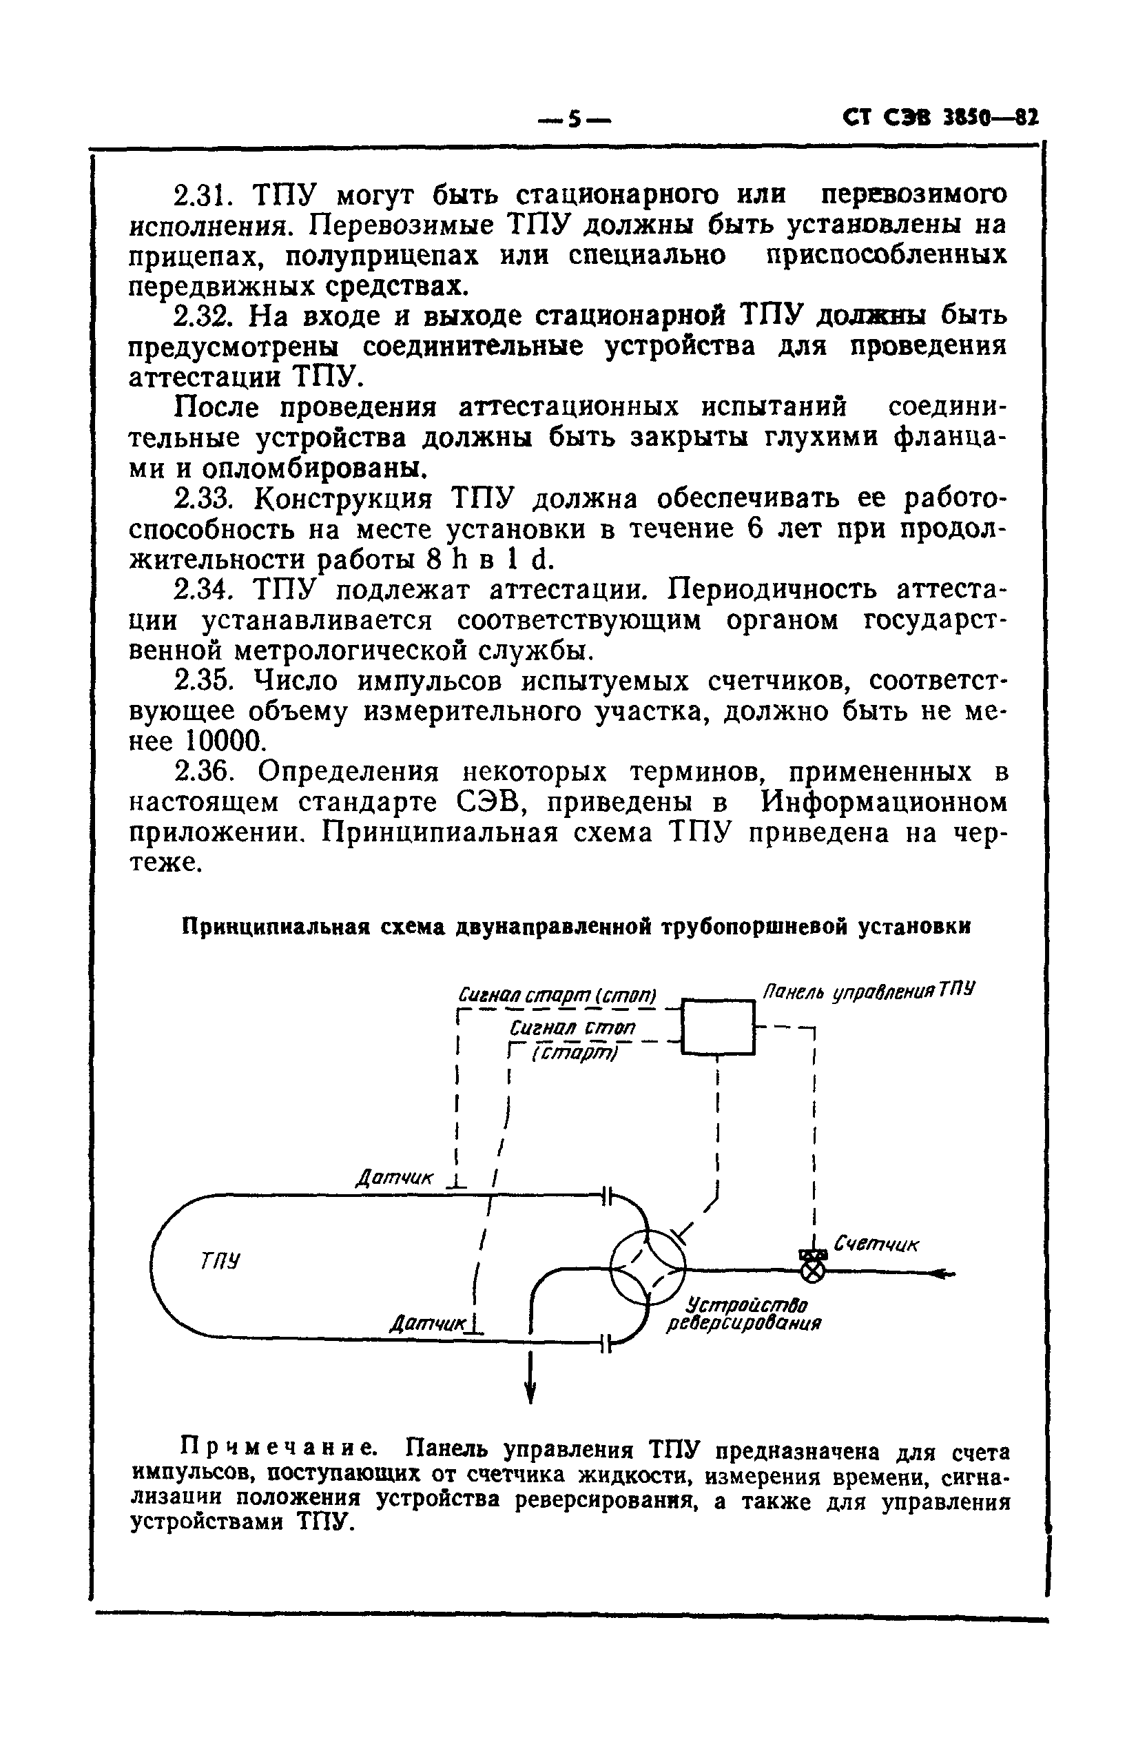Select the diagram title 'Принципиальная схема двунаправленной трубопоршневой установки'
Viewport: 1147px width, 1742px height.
point(576,927)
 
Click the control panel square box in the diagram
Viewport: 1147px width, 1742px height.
point(717,1027)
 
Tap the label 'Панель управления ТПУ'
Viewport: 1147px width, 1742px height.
point(869,992)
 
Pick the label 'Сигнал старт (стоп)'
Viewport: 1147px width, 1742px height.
point(557,996)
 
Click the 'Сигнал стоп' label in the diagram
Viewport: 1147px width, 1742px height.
point(572,1027)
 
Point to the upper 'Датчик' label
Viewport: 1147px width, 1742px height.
point(394,1178)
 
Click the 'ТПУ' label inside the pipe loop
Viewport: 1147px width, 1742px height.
point(220,1260)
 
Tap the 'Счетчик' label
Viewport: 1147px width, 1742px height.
point(876,1244)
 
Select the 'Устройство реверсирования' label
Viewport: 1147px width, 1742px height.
point(743,1314)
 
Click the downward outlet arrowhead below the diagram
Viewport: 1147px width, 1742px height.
point(530,1390)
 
